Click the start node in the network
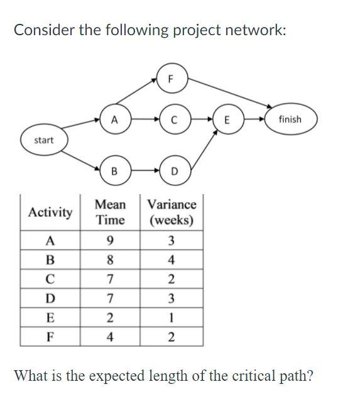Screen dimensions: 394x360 pyautogui.click(x=43, y=140)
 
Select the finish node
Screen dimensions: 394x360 pyautogui.click(x=290, y=119)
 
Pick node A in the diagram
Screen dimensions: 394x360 pyautogui.click(x=114, y=119)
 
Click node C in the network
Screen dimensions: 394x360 pyautogui.click(x=172, y=119)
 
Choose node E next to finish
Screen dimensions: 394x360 pyautogui.click(x=227, y=119)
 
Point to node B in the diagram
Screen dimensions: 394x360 pyautogui.click(x=114, y=170)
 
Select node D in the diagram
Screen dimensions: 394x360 pyautogui.click(x=174, y=170)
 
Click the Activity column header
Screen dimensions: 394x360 pyautogui.click(x=50, y=212)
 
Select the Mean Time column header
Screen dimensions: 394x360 pyautogui.click(x=110, y=212)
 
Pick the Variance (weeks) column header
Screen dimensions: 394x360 pyautogui.click(x=172, y=212)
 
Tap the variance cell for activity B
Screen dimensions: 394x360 pyautogui.click(x=172, y=259)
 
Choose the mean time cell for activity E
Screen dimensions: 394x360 pyautogui.click(x=110, y=317)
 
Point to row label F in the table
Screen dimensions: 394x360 pyautogui.click(x=50, y=337)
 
